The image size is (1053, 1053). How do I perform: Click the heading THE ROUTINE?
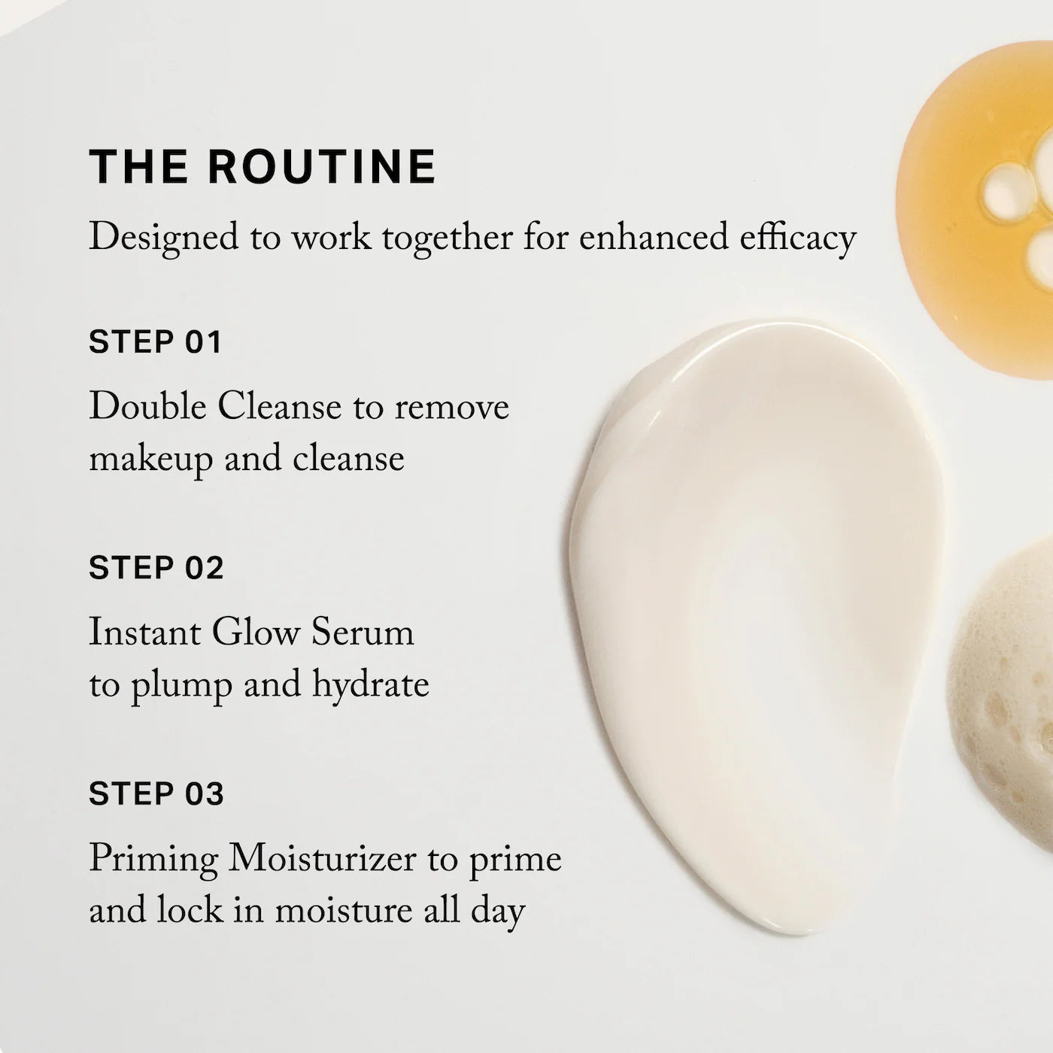[x=262, y=166]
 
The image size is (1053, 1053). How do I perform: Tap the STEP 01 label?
[x=156, y=342]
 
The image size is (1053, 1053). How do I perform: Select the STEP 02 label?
[x=156, y=568]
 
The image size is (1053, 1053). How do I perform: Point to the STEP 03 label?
[x=156, y=794]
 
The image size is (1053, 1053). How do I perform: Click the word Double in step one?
[x=147, y=407]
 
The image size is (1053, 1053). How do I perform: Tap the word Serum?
[x=363, y=633]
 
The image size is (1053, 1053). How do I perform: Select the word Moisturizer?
[x=322, y=858]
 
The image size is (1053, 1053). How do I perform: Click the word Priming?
[x=153, y=860]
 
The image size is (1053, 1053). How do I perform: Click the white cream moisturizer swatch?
[x=752, y=602]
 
